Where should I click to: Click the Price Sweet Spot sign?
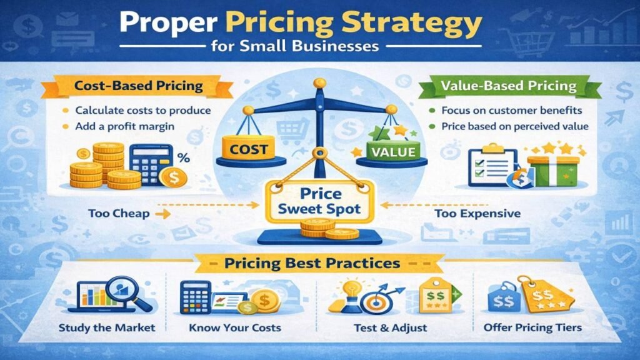tap(321, 199)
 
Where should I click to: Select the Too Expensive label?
tap(477, 214)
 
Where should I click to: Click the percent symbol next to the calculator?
tap(183, 159)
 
